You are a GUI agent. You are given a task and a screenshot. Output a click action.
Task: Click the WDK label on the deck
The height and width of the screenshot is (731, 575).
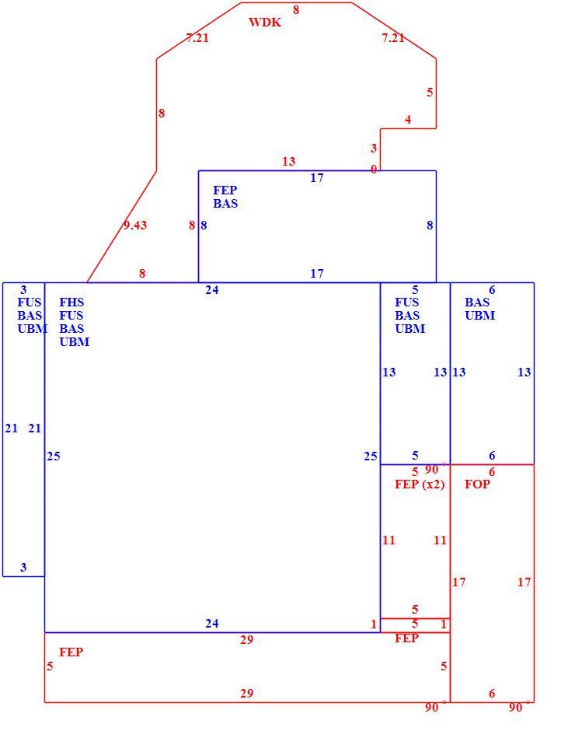(265, 23)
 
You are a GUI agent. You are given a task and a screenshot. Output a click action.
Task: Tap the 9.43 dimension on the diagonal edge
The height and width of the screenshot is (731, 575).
(135, 226)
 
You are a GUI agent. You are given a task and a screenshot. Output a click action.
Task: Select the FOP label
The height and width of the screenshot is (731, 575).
(477, 484)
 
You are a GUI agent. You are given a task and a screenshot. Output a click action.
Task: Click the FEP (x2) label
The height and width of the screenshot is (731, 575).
(420, 484)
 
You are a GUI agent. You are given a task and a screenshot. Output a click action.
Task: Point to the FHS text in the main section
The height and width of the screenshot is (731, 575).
(71, 302)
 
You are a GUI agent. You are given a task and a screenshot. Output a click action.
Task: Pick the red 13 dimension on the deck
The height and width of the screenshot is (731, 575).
(288, 161)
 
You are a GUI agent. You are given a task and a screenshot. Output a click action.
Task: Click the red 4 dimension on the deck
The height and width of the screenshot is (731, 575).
(408, 120)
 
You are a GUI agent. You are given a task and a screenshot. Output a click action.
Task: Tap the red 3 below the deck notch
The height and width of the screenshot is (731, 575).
(373, 149)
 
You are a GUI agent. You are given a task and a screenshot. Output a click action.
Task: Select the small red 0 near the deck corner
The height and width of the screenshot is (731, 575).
(374, 170)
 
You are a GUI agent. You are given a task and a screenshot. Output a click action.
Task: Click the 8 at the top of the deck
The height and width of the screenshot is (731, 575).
(296, 9)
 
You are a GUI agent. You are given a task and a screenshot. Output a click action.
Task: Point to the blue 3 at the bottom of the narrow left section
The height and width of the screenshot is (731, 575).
(23, 568)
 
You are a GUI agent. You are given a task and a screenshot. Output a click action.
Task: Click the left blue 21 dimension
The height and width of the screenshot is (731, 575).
(11, 428)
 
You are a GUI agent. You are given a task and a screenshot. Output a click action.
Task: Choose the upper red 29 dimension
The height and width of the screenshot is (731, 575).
(246, 639)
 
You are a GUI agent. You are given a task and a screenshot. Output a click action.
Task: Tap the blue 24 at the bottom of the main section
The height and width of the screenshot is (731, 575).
(211, 624)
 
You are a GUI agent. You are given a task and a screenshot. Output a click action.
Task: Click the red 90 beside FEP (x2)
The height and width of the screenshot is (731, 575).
(431, 470)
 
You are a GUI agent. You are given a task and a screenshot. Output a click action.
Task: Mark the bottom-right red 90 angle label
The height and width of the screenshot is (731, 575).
(515, 707)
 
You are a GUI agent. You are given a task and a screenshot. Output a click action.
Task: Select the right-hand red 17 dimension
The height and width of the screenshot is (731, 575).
(524, 582)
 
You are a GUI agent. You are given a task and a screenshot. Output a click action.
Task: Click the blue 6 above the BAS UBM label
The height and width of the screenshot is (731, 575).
(492, 290)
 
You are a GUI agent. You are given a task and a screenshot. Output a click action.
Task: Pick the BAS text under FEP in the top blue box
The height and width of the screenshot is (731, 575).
(225, 203)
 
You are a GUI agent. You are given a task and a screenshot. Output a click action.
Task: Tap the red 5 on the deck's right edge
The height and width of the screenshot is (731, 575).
(430, 93)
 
